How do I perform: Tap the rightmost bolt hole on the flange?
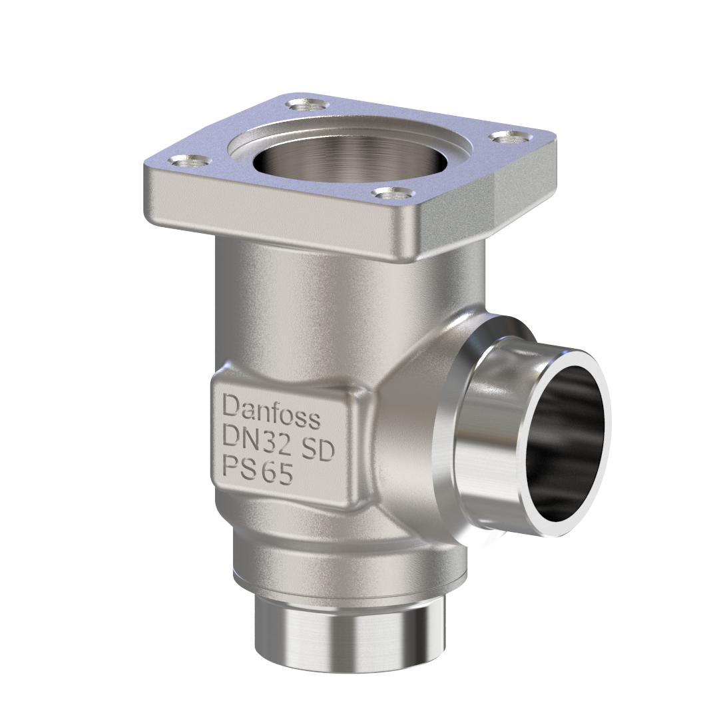(x=511, y=136)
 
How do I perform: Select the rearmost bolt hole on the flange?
(x=307, y=105)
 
